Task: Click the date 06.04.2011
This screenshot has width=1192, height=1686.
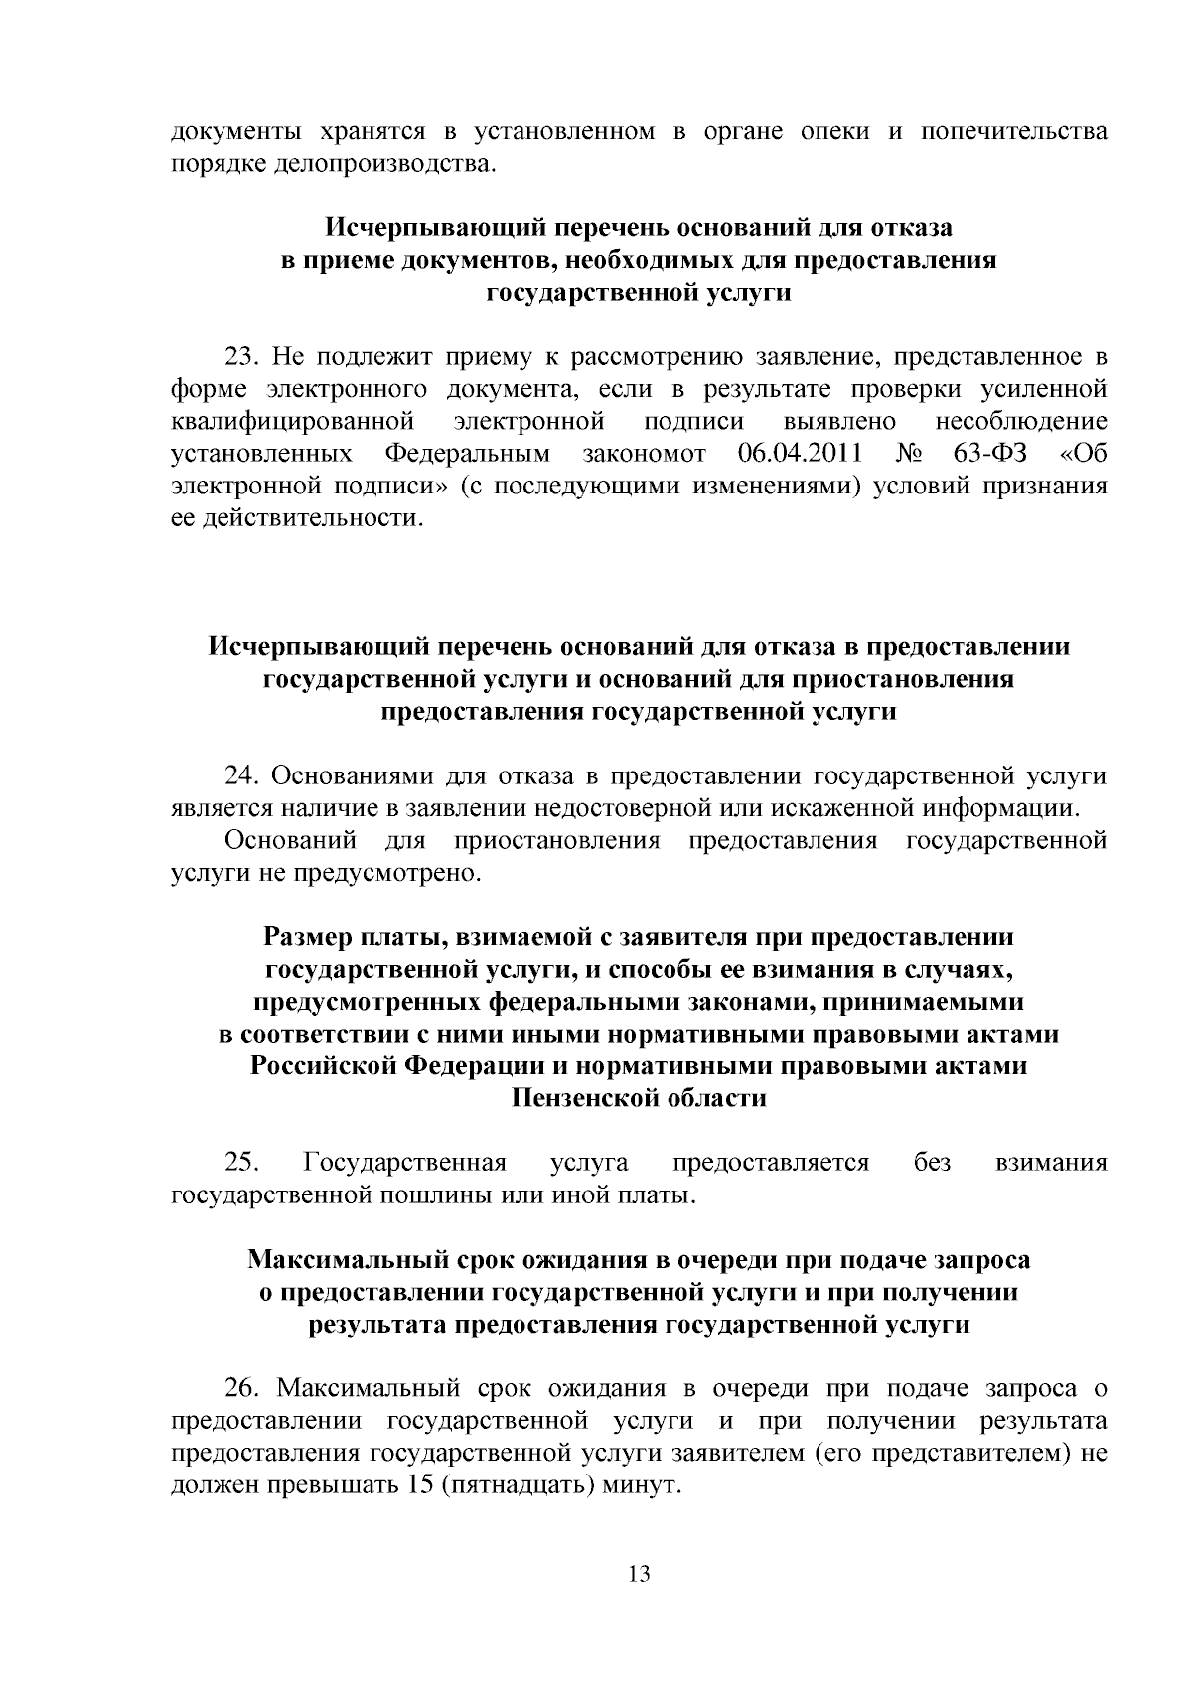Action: coord(801,455)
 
